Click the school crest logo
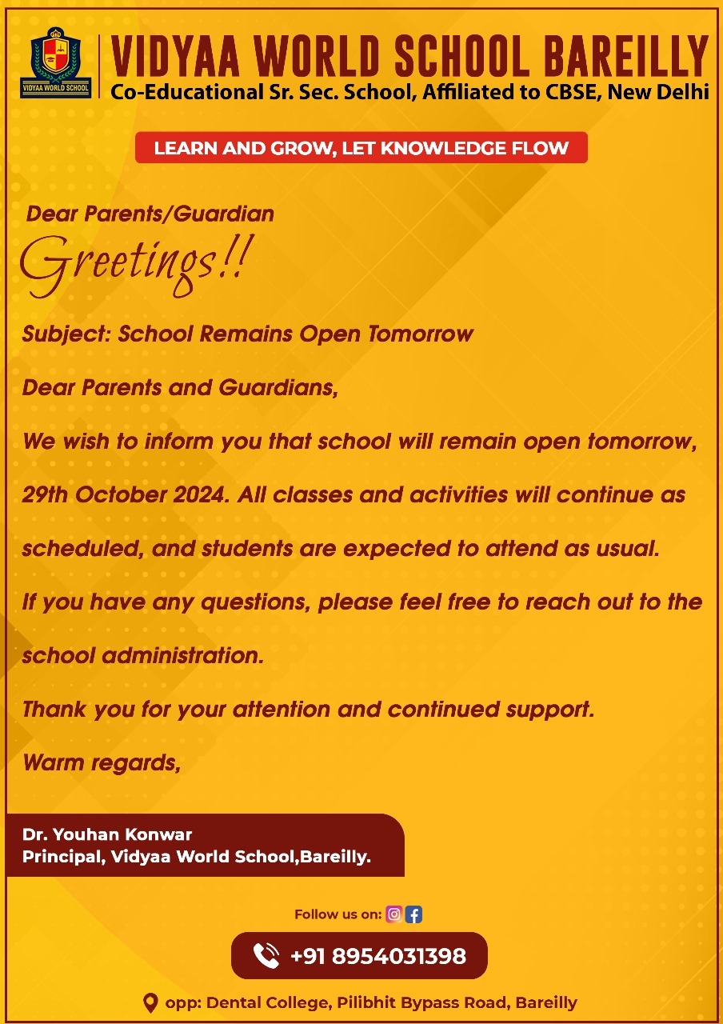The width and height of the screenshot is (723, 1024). (55, 62)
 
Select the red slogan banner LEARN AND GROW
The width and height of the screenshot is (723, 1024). (361, 148)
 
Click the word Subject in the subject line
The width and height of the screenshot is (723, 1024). (66, 334)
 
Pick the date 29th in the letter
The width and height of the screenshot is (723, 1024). (46, 494)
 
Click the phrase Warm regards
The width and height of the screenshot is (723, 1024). (101, 762)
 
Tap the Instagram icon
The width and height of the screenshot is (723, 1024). (393, 914)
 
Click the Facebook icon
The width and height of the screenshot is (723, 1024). (413, 914)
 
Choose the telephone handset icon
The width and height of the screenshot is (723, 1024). (266, 955)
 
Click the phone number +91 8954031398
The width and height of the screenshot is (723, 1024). (377, 956)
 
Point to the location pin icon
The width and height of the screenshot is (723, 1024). (150, 1002)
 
